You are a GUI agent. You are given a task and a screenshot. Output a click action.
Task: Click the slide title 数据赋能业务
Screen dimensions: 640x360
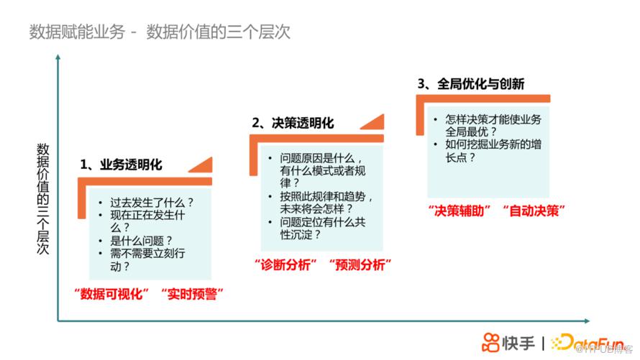click(77, 32)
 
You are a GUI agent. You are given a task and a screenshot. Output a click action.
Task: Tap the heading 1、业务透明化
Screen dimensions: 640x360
click(122, 165)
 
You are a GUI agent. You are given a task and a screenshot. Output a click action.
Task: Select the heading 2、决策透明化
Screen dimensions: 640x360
click(293, 123)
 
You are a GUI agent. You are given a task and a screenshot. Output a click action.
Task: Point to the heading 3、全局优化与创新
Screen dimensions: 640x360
click(470, 84)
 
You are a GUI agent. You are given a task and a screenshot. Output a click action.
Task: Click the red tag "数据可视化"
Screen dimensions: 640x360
click(111, 294)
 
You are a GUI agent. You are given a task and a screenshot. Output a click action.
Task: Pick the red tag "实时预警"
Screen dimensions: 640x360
click(192, 294)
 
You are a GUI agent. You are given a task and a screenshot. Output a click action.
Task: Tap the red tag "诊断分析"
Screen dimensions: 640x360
click(285, 265)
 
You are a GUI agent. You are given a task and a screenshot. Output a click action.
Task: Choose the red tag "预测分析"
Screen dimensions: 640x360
click(360, 265)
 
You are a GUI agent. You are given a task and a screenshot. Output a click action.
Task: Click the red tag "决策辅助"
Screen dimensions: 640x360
click(460, 211)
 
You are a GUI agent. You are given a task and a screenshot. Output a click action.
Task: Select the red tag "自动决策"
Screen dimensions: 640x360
click(534, 211)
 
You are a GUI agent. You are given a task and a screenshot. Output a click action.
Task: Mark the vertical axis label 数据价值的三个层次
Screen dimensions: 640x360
click(43, 198)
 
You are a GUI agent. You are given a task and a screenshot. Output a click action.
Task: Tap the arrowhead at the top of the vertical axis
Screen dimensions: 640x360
click(58, 57)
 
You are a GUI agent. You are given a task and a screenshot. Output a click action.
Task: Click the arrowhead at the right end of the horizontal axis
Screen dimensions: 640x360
click(588, 321)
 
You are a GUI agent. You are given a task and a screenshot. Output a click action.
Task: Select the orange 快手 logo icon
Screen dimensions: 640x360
click(490, 343)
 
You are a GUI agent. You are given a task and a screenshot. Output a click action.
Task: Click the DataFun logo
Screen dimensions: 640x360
click(588, 342)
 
